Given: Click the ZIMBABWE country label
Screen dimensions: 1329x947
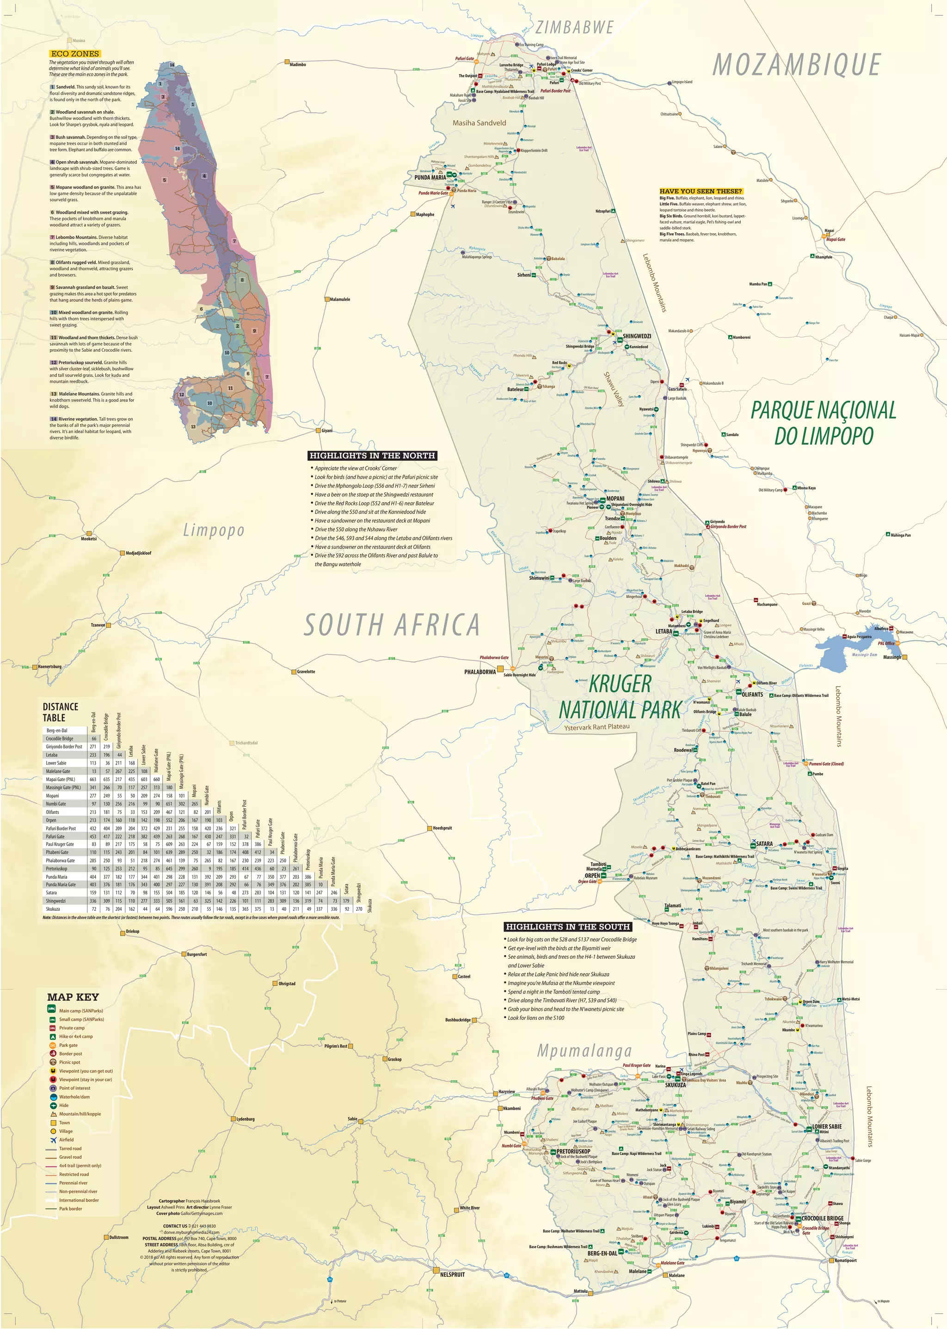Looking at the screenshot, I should coord(574,27).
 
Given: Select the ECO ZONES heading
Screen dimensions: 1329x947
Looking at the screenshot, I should coord(74,54).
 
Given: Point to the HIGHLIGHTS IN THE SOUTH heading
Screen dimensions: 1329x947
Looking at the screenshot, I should coord(567,926).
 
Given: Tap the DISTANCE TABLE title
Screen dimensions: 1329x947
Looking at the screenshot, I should coord(60,712).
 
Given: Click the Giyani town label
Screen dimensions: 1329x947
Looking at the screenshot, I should coord(326,430).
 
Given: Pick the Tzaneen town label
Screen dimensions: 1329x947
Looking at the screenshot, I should coord(98,625).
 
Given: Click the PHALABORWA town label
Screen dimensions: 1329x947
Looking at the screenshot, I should coord(480,672).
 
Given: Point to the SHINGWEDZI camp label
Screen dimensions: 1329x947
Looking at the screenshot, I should coord(637,336).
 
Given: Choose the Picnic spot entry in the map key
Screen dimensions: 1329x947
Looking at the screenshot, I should coord(69,1062).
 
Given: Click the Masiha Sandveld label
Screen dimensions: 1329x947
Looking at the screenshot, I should coord(480,123).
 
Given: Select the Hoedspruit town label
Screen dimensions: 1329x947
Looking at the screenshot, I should coord(442,828).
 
